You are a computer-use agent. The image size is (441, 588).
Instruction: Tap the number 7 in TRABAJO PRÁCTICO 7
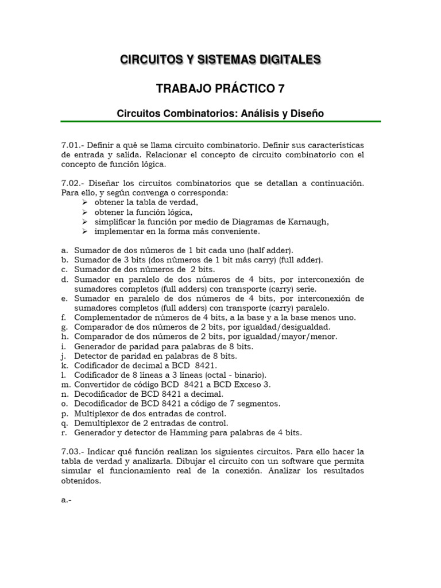pyautogui.click(x=281, y=88)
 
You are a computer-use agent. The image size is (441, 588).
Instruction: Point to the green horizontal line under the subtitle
pyautogui.click(x=220, y=122)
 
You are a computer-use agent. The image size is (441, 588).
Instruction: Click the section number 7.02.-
pyautogui.click(x=72, y=183)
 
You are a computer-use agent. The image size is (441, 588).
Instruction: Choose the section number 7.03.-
pyautogui.click(x=72, y=451)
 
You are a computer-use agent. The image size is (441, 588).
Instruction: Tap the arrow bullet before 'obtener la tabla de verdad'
pyautogui.click(x=84, y=203)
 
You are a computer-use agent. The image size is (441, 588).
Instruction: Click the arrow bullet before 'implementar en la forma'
pyautogui.click(x=84, y=231)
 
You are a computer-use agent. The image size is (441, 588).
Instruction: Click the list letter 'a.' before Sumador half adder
pyautogui.click(x=64, y=250)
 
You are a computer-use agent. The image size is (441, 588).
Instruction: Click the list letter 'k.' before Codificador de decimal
pyautogui.click(x=64, y=366)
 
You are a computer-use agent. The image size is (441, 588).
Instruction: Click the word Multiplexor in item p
pyautogui.click(x=96, y=413)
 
